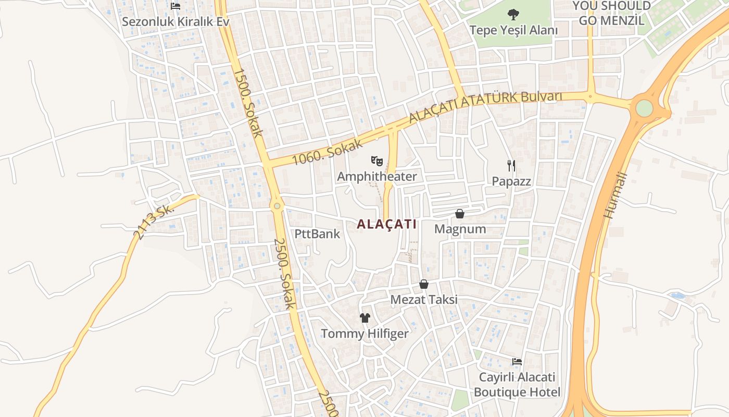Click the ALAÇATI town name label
pos(387,224)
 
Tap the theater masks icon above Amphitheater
pos(377,160)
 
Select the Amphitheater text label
pos(377,177)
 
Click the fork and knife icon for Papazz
pos(511,166)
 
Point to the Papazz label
pos(511,181)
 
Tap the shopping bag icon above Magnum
pos(460,214)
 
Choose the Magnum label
pos(460,229)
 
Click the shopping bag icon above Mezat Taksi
pos(424,285)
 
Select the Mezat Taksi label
pos(424,300)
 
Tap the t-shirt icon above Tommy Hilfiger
pos(364,317)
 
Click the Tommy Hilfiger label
pos(364,334)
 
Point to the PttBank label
pos(317,234)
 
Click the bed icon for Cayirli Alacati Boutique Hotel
pos(517,361)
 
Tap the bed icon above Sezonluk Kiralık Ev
pos(175,6)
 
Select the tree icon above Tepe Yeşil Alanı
pos(513,14)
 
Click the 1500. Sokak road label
pos(247,103)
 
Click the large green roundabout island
pos(644,108)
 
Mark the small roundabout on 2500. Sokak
pos(277,206)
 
